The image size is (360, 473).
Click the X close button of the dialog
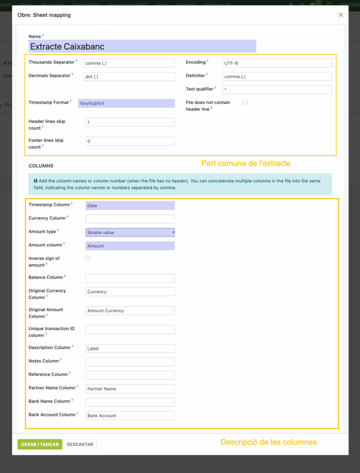[x=341, y=15]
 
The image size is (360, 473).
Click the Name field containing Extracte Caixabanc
[x=142, y=46]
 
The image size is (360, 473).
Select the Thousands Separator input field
[x=130, y=63]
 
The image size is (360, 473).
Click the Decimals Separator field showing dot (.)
[x=130, y=77]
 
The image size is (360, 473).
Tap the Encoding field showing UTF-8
[x=277, y=63]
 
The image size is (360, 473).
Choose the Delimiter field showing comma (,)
[x=277, y=77]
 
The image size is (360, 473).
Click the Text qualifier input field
[x=277, y=90]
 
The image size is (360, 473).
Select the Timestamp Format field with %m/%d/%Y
[x=126, y=103]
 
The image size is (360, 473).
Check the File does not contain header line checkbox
[x=245, y=103]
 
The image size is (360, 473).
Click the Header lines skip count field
[x=130, y=122]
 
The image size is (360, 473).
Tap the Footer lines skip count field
[x=130, y=141]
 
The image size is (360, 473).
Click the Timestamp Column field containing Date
[x=130, y=206]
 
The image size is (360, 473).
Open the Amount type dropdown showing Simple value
[x=130, y=232]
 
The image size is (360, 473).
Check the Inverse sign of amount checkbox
[x=88, y=258]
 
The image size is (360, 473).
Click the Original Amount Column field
[x=130, y=311]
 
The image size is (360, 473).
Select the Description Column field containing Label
[x=130, y=349]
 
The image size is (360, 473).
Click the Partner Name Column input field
[x=130, y=389]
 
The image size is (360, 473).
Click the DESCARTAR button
[x=80, y=444]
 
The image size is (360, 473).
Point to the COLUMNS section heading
[x=41, y=166]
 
